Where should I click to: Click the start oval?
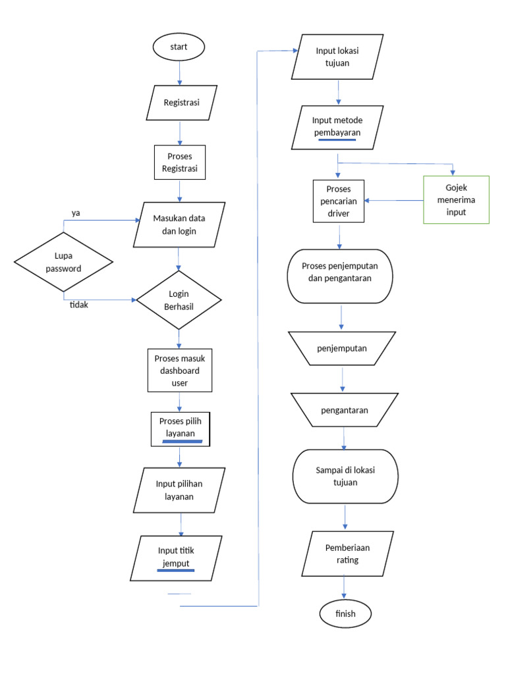pyautogui.click(x=179, y=47)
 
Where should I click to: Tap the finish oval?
pyautogui.click(x=345, y=613)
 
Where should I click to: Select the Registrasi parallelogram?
pyautogui.click(x=181, y=103)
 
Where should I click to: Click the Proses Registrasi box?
pyautogui.click(x=180, y=162)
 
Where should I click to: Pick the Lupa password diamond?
pyautogui.click(x=63, y=262)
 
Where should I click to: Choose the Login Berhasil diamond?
pyautogui.click(x=179, y=300)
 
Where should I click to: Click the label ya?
pyautogui.click(x=76, y=213)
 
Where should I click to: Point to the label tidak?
pyautogui.click(x=80, y=305)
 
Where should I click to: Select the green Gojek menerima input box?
pyautogui.click(x=456, y=200)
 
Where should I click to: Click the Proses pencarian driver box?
pyautogui.click(x=339, y=200)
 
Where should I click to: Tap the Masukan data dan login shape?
pyautogui.click(x=179, y=225)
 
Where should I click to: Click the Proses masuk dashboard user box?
pyautogui.click(x=180, y=370)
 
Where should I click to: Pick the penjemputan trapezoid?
pyautogui.click(x=343, y=348)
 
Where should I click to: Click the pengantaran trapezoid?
pyautogui.click(x=344, y=409)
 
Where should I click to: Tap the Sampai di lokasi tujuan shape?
pyautogui.click(x=345, y=477)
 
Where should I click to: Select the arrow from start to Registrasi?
pyautogui.click(x=179, y=72)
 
